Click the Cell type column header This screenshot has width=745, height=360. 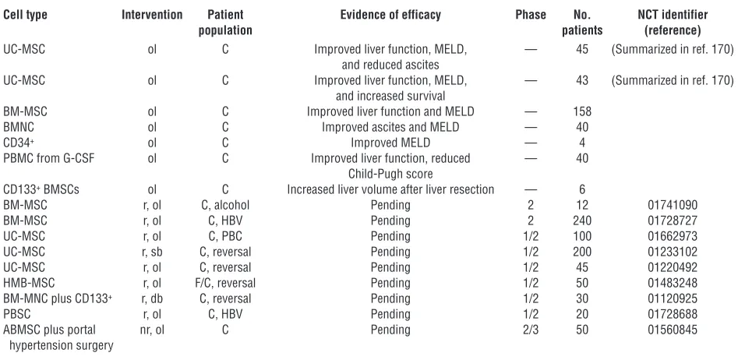25,15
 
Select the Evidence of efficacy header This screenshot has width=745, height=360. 390,15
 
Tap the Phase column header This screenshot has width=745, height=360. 531,15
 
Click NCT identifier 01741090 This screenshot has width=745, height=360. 673,205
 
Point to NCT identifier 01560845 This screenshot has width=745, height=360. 673,329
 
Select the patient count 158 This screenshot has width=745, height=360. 582,111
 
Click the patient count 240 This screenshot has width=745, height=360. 582,221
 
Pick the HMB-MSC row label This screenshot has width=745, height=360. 29,283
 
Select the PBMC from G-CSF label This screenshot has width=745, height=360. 49,158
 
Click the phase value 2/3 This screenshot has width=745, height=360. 531,329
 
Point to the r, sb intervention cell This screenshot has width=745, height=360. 152,252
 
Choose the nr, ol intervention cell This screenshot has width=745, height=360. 152,329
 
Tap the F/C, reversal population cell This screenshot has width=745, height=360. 222,283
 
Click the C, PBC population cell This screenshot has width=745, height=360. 225,236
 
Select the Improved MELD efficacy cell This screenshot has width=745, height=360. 390,143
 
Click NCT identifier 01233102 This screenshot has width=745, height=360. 673,252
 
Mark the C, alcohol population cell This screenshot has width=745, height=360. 225,205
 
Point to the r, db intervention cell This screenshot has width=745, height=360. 152,298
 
